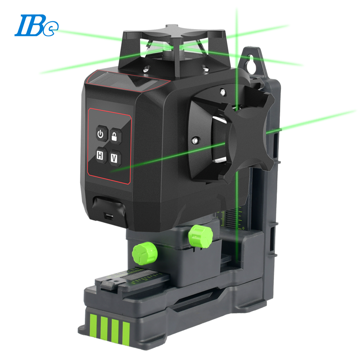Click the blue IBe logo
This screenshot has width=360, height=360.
coord(36,25)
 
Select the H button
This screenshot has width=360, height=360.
coord(100,155)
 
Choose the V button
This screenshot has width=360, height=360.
coord(115,158)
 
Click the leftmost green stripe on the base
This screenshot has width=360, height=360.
coord(93,325)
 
